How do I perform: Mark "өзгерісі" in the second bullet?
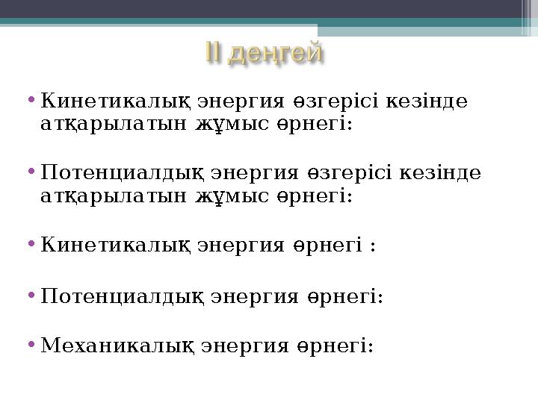[346, 174]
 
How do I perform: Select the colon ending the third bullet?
[372, 246]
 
